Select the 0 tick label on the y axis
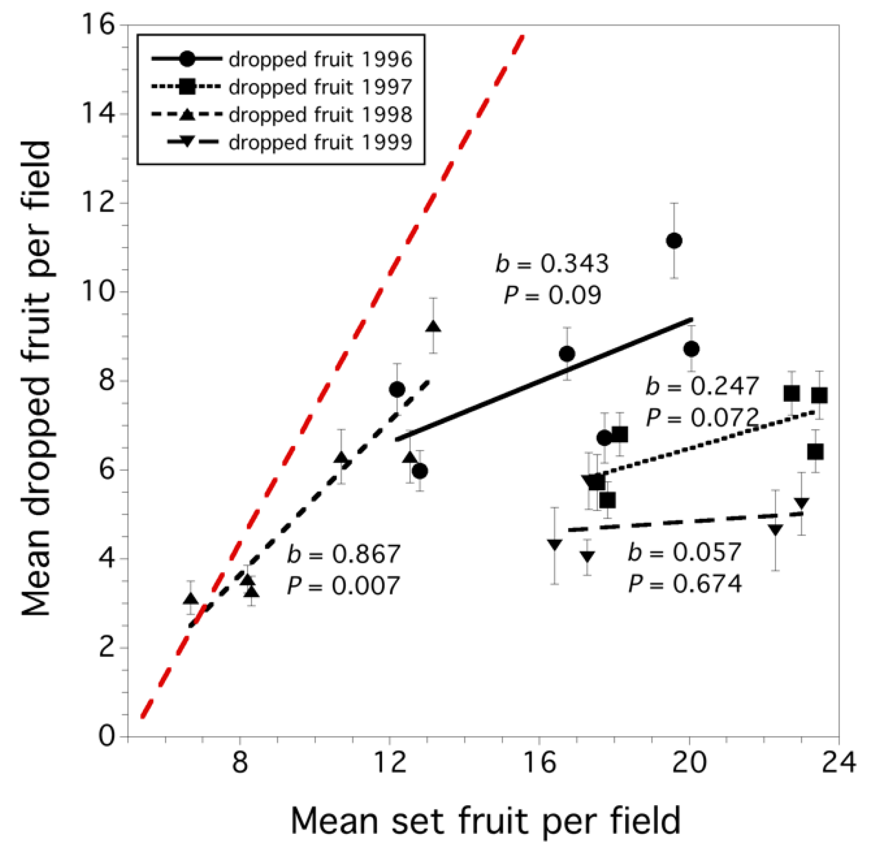[x=106, y=735]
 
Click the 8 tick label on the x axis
[x=240, y=761]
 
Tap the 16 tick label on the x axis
[x=539, y=761]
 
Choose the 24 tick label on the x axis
[x=838, y=761]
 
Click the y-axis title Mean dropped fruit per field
[x=36, y=379]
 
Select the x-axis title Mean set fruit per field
[x=485, y=821]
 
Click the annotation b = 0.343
[x=552, y=264]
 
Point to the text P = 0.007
[x=343, y=586]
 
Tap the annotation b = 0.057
[x=685, y=552]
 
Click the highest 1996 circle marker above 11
[x=674, y=241]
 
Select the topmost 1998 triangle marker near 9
[x=433, y=327]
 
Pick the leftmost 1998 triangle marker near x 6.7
[x=191, y=598]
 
